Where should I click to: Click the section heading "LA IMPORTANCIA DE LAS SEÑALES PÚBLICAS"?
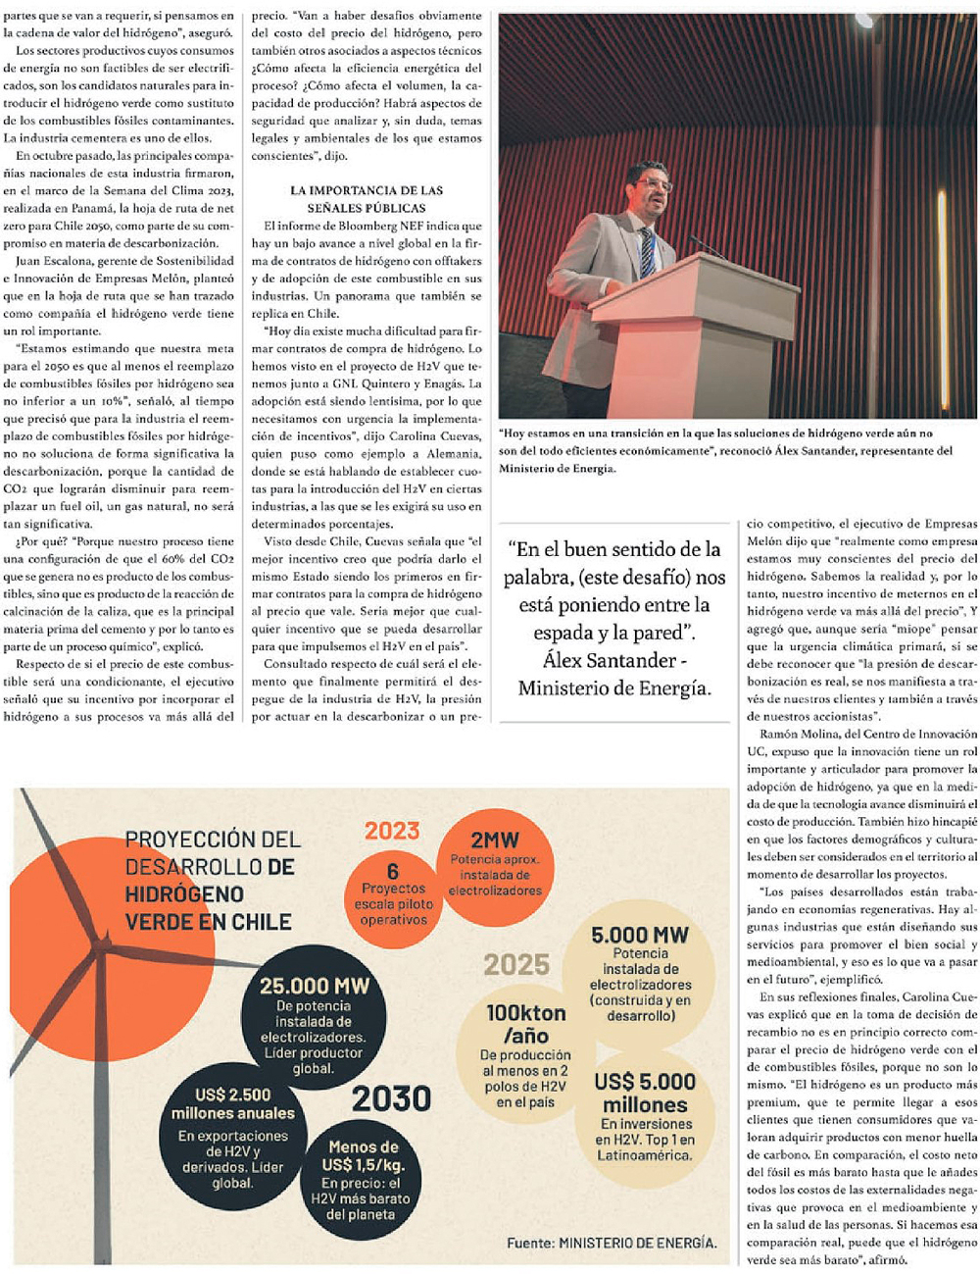tap(367, 199)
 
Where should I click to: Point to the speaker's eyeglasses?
tap(655, 184)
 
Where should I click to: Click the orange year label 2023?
tap(392, 832)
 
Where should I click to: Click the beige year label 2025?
tap(516, 965)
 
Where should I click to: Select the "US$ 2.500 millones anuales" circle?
tap(232, 1137)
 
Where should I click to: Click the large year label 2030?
tap(391, 1099)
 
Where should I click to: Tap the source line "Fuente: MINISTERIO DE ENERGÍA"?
tap(612, 1243)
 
